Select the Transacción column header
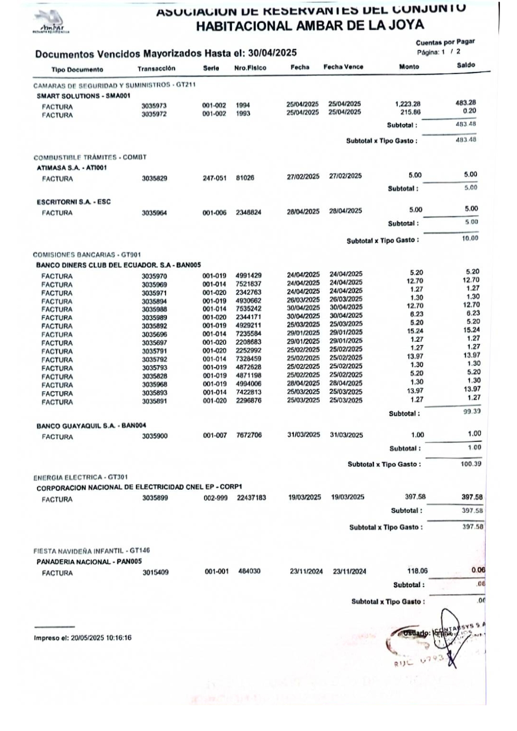click(156, 68)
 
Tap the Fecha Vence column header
click(343, 67)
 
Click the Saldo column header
click(466, 65)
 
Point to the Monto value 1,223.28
click(407, 104)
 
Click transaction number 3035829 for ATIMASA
click(154, 178)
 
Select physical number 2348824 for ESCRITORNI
click(248, 212)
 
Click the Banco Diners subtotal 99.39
click(472, 411)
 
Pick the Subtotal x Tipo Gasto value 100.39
click(471, 464)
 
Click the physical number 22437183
click(251, 498)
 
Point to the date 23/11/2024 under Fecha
click(306, 571)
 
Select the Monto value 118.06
click(417, 571)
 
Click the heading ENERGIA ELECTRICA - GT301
click(80, 477)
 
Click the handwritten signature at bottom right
click(450, 638)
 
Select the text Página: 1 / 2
click(439, 52)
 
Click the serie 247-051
click(214, 178)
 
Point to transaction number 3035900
click(155, 436)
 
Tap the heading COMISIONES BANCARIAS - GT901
click(87, 255)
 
